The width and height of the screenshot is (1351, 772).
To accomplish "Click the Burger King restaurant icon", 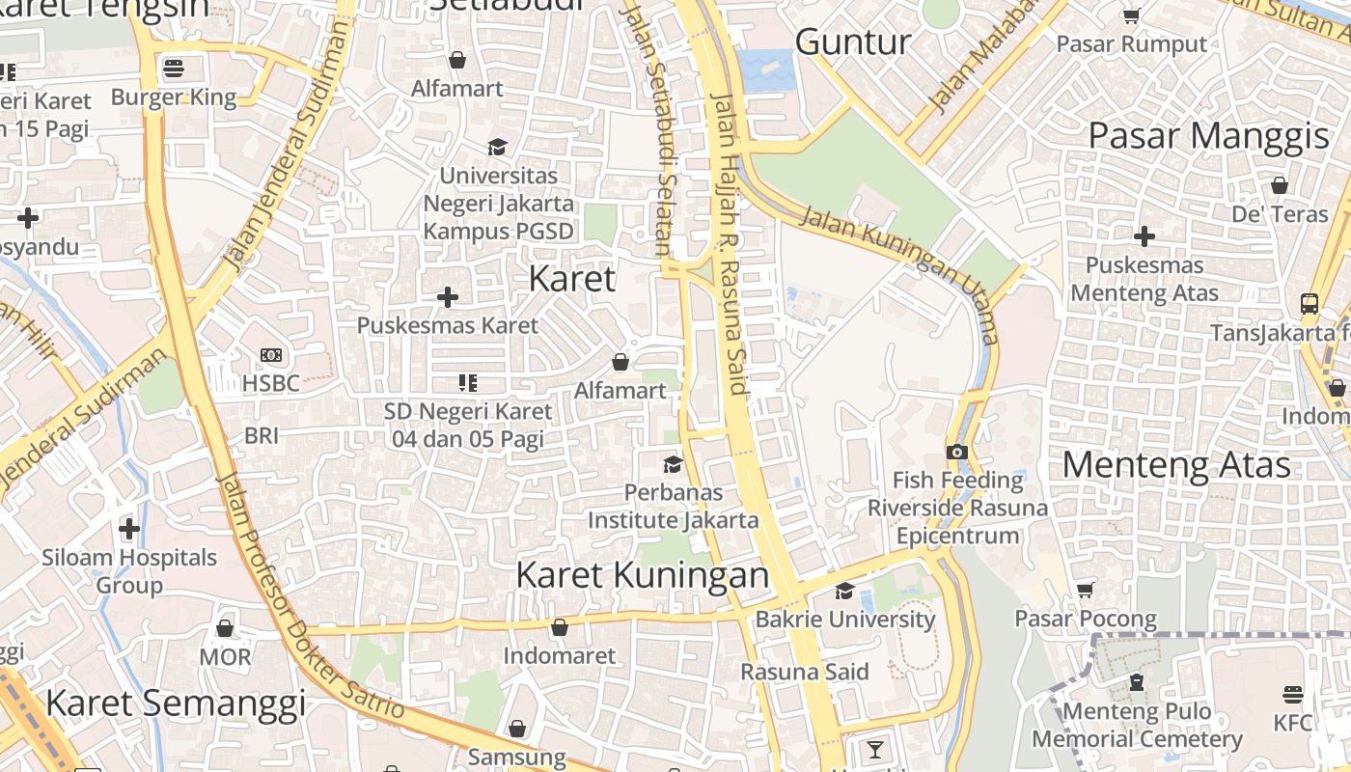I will pyautogui.click(x=174, y=69).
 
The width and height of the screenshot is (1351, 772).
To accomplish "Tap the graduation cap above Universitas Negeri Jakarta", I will pyautogui.click(x=497, y=147).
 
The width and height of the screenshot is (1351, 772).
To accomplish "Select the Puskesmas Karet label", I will pyautogui.click(x=448, y=325).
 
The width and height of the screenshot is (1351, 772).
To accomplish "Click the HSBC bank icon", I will pyautogui.click(x=271, y=355).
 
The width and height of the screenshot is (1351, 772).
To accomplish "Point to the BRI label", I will pyautogui.click(x=262, y=435).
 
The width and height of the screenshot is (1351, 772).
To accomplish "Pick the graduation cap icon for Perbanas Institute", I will pyautogui.click(x=673, y=465).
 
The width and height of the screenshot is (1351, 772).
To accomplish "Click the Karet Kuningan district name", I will pyautogui.click(x=643, y=575).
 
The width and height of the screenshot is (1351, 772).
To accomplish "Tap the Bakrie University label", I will pyautogui.click(x=845, y=620).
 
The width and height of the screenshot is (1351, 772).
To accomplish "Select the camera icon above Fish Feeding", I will pyautogui.click(x=956, y=452).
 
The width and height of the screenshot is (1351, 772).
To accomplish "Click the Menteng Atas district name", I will pyautogui.click(x=1176, y=465).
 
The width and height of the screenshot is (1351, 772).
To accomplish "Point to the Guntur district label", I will pyautogui.click(x=853, y=41).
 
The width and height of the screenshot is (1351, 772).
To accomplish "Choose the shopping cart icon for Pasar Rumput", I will pyautogui.click(x=1131, y=15).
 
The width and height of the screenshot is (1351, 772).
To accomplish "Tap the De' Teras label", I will pyautogui.click(x=1281, y=213).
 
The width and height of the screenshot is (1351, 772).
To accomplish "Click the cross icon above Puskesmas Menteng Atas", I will pyautogui.click(x=1144, y=235).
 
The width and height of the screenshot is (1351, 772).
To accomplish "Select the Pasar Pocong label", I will pyautogui.click(x=1086, y=618).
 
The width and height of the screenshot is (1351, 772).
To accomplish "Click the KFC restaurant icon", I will pyautogui.click(x=1292, y=695).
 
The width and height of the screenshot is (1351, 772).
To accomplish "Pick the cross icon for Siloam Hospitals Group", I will pyautogui.click(x=129, y=529).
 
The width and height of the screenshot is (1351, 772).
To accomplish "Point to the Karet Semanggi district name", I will pyautogui.click(x=176, y=703).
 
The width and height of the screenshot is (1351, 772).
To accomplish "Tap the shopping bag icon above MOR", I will pyautogui.click(x=225, y=629).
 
